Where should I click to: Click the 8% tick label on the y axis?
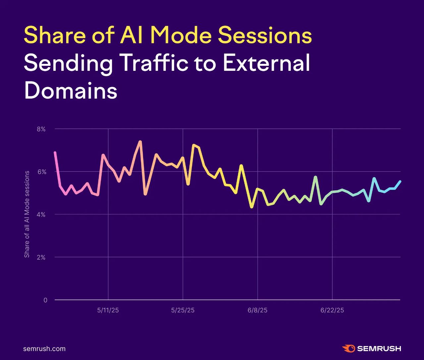click(x=41, y=129)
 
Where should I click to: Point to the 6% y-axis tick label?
click(x=41, y=172)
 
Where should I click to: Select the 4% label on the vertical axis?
click(x=41, y=214)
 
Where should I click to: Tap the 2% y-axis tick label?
click(x=41, y=257)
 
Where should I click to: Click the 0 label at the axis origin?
click(x=45, y=300)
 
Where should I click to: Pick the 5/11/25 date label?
click(x=108, y=310)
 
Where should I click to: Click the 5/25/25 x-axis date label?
click(x=183, y=310)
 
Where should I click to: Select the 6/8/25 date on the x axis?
click(x=257, y=310)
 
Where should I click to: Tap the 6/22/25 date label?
click(x=332, y=310)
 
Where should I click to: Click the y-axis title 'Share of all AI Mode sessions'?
click(x=27, y=214)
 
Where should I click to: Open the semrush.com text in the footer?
click(x=44, y=349)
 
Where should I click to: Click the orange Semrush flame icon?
click(x=348, y=348)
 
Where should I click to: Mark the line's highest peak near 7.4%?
click(x=140, y=142)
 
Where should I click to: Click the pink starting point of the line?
click(x=55, y=153)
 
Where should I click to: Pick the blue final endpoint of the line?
click(x=400, y=181)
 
